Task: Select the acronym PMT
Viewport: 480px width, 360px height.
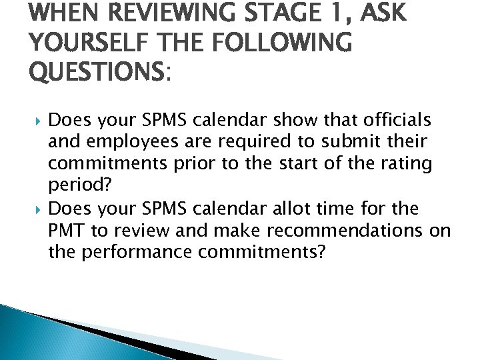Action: click(x=65, y=231)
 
